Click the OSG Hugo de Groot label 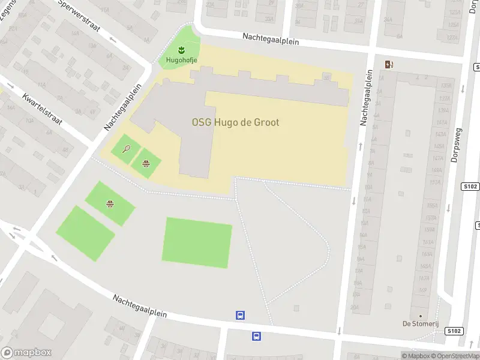pyautogui.click(x=235, y=122)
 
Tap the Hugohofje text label pyautogui.click(x=178, y=59)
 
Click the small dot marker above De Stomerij pyautogui.click(x=420, y=316)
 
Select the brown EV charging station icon pyautogui.click(x=389, y=65)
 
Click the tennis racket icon pyautogui.click(x=126, y=148)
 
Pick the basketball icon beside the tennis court pyautogui.click(x=146, y=163)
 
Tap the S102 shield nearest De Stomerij pyautogui.click(x=455, y=331)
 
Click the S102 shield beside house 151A pyautogui.click(x=470, y=187)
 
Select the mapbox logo pyautogui.click(x=26, y=353)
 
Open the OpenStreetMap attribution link pyautogui.click(x=454, y=356)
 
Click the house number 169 pyautogui.click(x=422, y=289)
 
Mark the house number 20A pyautogui.click(x=355, y=306)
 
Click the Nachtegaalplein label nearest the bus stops pyautogui.click(x=139, y=306)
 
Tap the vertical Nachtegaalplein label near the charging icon pyautogui.click(x=366, y=97)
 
